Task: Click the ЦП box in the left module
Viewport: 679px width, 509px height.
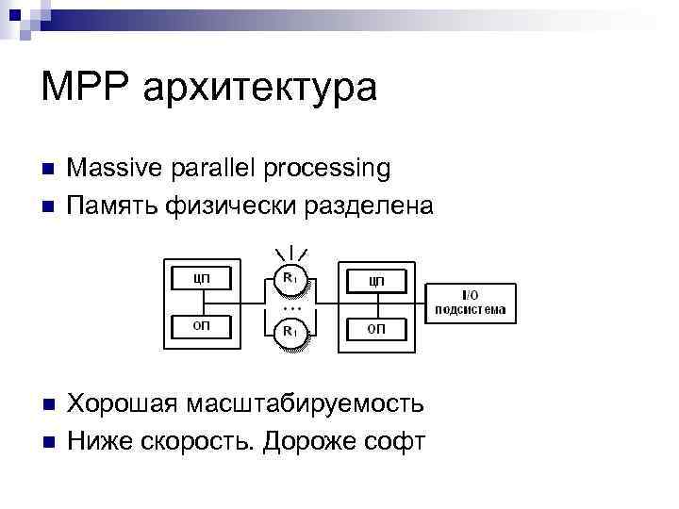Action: coord(201,278)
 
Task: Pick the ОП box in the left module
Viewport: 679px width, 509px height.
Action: coord(201,326)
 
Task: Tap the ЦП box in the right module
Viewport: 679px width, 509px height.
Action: coord(376,281)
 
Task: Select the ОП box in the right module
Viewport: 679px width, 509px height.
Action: coord(376,328)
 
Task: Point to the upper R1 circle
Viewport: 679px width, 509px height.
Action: coord(291,279)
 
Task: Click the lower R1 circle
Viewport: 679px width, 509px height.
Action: coord(291,331)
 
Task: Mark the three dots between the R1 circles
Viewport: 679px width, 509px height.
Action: coord(291,307)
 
